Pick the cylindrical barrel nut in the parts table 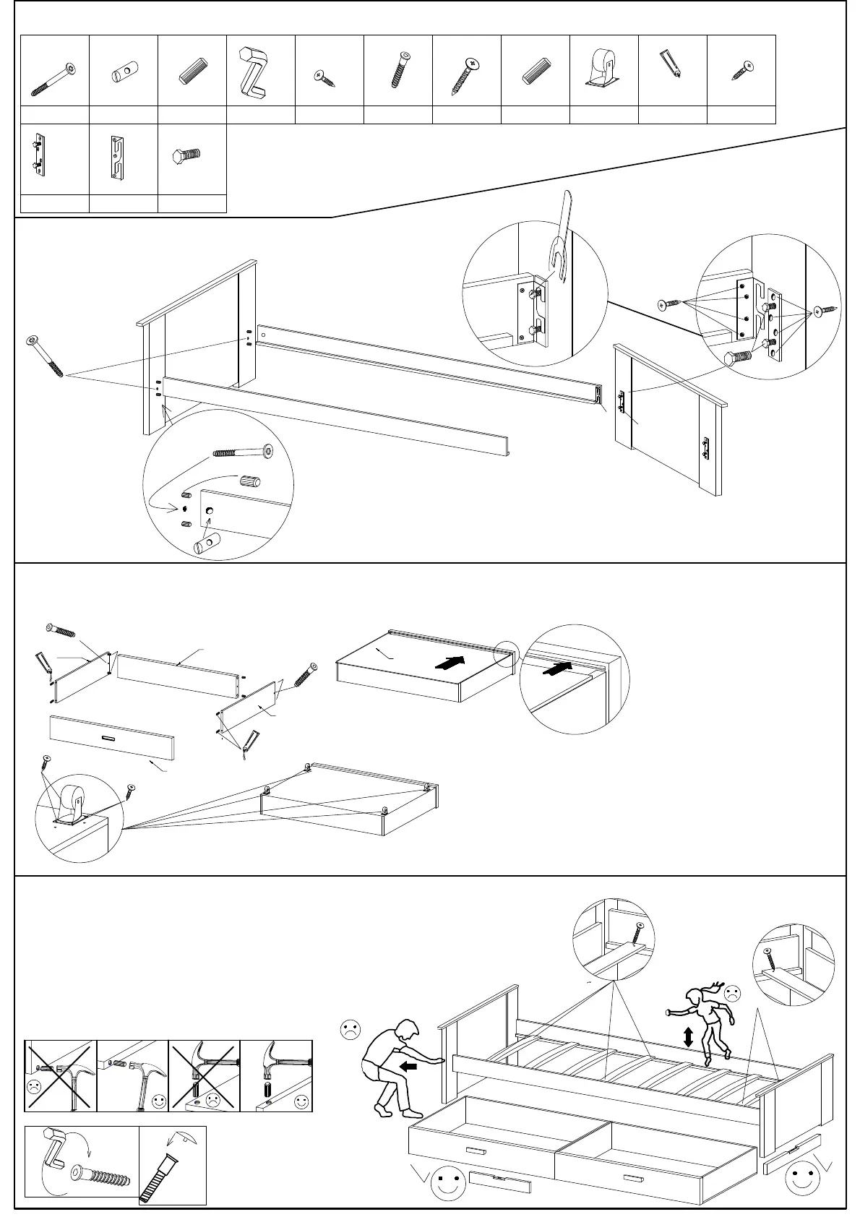point(124,73)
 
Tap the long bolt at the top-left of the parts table point(53,78)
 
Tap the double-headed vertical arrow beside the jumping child point(688,1038)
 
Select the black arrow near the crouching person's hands point(408,1065)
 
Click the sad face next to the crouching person point(351,1030)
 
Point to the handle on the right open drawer point(634,1160)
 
